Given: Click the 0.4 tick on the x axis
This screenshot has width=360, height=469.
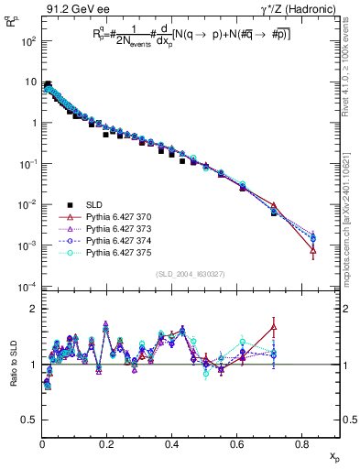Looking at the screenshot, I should click(x=172, y=446).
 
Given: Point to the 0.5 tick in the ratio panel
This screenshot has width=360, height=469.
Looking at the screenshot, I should click(x=29, y=420).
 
